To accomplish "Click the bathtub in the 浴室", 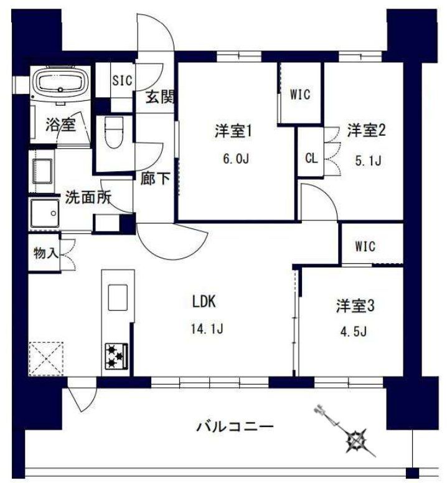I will [62, 83].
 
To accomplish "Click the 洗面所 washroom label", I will [89, 199].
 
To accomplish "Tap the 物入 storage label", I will [46, 253].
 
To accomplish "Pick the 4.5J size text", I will [354, 331].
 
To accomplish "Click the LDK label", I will [204, 302].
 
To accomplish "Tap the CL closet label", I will [311, 157].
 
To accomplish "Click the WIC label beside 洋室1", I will [299, 95].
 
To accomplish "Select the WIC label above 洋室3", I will [365, 246].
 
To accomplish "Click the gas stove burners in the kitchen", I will [116, 357].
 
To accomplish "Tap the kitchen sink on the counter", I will [118, 296].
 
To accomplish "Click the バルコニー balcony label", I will [235, 428].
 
